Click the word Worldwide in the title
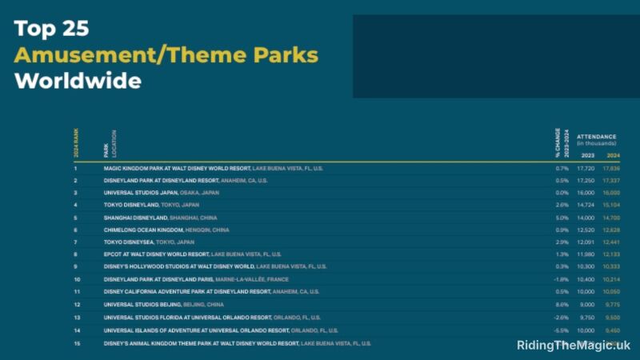tap(78, 81)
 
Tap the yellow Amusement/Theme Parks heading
tap(166, 55)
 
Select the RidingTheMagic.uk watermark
tap(574, 346)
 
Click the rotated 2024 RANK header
tap(77, 142)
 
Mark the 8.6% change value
tap(562, 304)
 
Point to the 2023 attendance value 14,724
tap(586, 205)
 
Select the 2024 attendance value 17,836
tap(613, 169)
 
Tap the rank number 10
tap(77, 279)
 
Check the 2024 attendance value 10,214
tap(613, 279)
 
